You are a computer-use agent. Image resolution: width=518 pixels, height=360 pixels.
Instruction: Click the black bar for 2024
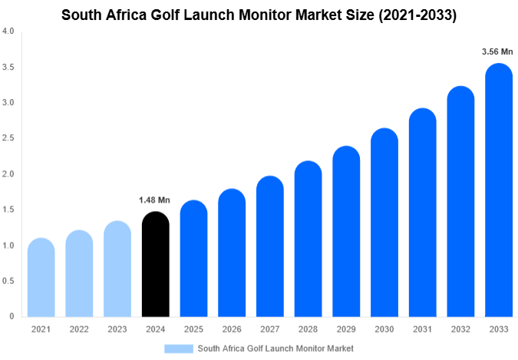155,265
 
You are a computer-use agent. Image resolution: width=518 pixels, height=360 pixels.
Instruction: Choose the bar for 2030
384,223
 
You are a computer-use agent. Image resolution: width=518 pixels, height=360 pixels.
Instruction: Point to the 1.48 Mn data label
154,200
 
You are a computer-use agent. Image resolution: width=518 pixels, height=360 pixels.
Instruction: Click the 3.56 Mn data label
497,52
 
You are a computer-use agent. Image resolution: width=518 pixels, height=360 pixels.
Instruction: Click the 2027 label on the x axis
269,329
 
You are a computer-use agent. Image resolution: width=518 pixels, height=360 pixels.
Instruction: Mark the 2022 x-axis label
78,329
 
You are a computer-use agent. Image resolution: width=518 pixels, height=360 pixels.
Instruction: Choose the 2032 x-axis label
459,329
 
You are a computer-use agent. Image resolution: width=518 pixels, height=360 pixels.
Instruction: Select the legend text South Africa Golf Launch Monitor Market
275,348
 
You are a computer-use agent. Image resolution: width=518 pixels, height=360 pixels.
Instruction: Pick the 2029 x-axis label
345,329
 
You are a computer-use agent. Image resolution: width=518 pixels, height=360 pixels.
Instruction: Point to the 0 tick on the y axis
12,316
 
